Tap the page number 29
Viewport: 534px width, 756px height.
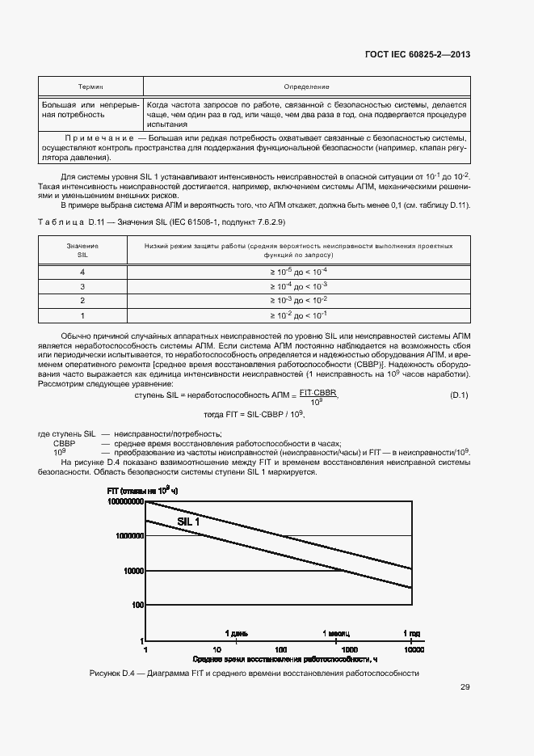click(465, 687)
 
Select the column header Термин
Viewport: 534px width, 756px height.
click(90, 87)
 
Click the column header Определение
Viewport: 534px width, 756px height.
click(306, 87)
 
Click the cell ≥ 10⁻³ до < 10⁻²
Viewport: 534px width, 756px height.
click(298, 301)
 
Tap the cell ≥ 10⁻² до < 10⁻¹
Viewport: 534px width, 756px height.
click(298, 315)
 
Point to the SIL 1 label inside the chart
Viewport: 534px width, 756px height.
click(188, 522)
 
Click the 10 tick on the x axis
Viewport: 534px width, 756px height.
click(217, 649)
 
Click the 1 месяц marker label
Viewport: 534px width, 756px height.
click(338, 632)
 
